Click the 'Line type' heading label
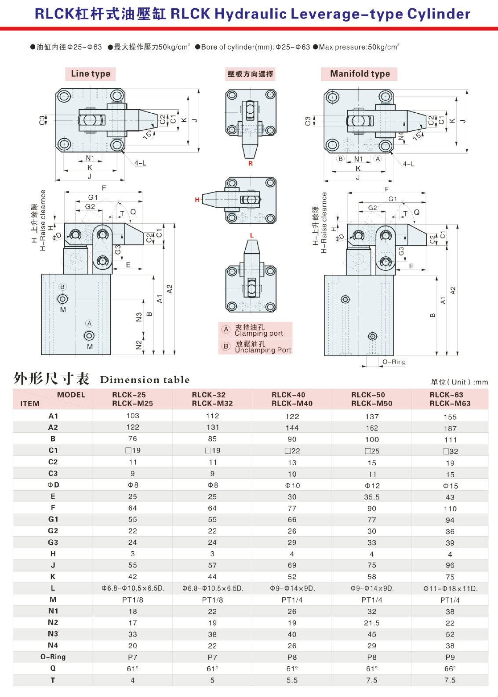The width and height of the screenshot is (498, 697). tap(91, 74)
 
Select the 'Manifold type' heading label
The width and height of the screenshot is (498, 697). tap(360, 74)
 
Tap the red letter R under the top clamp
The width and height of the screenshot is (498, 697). tap(251, 164)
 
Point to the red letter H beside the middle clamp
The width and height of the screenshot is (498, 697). tap(197, 200)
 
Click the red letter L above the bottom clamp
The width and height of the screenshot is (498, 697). tap(252, 236)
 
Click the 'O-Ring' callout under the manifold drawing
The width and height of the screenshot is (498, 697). tap(394, 362)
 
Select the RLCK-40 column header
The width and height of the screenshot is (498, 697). tap(292, 399)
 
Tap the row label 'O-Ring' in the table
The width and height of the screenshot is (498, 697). tap(53, 657)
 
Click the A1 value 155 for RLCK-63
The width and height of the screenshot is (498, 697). tap(450, 417)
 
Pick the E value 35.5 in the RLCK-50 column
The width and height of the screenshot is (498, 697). tap(372, 497)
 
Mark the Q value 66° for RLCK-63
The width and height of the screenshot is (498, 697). tap(450, 669)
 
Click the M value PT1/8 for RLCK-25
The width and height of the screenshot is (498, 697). tap(133, 600)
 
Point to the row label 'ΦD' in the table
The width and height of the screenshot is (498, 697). tap(53, 485)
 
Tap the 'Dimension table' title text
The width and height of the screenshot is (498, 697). tap(145, 380)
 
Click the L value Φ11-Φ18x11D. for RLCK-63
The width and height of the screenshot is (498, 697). tap(450, 589)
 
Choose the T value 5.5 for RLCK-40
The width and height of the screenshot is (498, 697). tap(292, 680)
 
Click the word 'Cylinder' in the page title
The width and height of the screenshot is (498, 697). tap(439, 14)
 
